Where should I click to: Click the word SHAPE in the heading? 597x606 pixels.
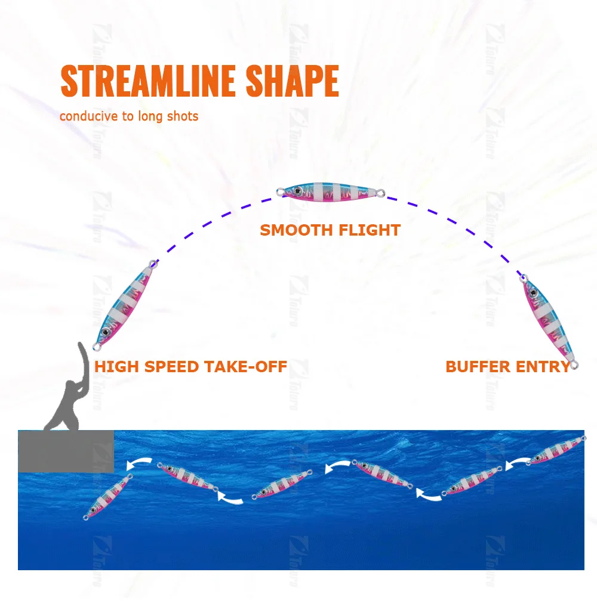coord(293,81)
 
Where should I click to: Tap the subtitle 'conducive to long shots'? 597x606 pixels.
coord(129,116)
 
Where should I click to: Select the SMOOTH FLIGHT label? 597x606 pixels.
coord(330,230)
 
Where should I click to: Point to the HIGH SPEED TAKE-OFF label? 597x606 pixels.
coord(191,366)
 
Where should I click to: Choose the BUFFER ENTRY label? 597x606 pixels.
coord(508,366)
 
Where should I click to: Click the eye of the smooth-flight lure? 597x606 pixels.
coord(298,190)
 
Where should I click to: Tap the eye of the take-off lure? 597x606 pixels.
coord(106,331)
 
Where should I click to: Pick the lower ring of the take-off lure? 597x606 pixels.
coord(97,347)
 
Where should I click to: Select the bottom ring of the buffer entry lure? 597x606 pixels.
coord(574,364)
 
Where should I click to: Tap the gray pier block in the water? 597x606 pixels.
coord(66,451)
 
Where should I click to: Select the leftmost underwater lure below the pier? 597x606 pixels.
coord(108,497)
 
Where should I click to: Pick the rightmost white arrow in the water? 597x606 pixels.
coord(517,463)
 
